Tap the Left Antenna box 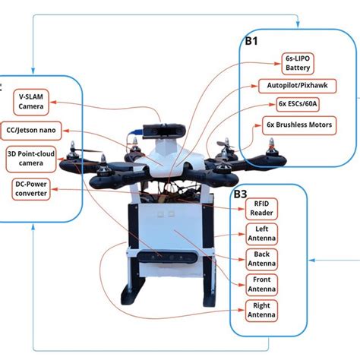pyautogui.click(x=261, y=233)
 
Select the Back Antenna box pyautogui.click(x=261, y=258)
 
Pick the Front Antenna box pyautogui.click(x=261, y=284)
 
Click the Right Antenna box pyautogui.click(x=261, y=310)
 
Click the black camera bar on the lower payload pyautogui.click(x=167, y=260)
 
